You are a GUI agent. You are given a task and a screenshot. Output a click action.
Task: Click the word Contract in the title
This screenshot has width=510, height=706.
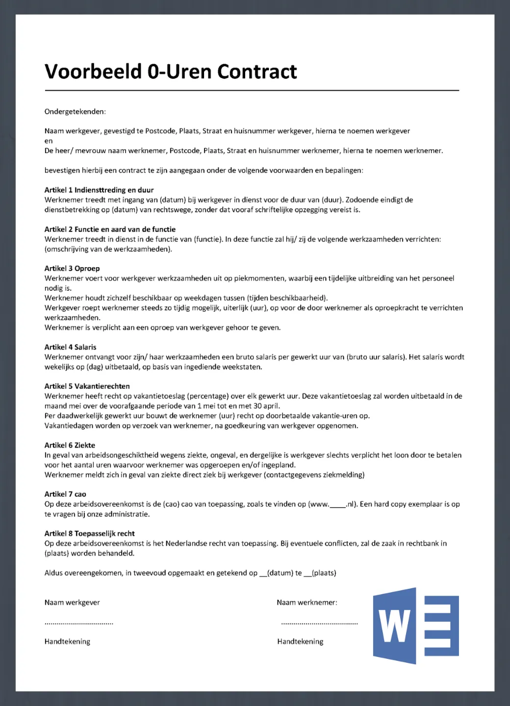click(x=257, y=72)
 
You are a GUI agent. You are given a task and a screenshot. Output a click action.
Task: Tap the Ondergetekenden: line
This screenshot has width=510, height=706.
click(x=75, y=112)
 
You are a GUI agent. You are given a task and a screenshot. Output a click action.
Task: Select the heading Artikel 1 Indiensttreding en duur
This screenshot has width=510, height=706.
click(x=99, y=190)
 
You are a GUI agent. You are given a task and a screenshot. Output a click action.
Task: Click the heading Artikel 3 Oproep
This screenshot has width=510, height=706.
click(x=72, y=269)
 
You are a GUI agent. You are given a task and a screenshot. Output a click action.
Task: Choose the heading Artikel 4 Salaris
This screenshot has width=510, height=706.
click(x=70, y=347)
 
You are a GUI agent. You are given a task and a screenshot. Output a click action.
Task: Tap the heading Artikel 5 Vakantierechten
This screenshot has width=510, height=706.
click(x=87, y=386)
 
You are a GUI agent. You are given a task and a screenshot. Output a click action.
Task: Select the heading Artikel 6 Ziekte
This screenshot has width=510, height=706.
click(x=70, y=445)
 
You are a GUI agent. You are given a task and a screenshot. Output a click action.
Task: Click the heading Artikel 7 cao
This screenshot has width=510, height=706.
click(x=65, y=494)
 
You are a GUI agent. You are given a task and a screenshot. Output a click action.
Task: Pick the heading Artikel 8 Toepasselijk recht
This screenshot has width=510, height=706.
click(x=89, y=533)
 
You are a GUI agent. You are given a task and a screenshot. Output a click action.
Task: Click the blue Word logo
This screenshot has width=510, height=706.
click(x=416, y=626)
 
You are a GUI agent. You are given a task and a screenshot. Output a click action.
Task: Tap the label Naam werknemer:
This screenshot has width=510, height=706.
click(x=307, y=603)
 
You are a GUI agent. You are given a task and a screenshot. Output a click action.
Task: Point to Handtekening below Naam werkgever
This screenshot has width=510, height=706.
click(x=67, y=642)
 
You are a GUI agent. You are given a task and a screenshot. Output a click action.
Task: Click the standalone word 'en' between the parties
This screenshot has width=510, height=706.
click(x=49, y=141)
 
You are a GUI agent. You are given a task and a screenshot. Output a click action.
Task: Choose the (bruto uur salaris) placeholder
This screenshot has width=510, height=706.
click(x=376, y=357)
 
